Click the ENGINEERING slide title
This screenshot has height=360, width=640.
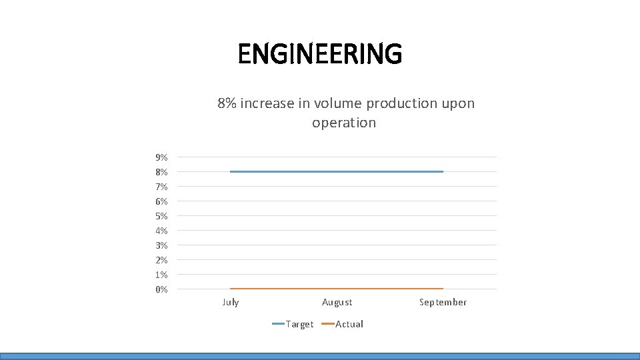point(320,54)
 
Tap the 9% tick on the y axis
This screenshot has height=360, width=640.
point(161,157)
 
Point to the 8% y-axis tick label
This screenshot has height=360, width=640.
point(161,172)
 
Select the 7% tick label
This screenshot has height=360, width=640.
point(161,187)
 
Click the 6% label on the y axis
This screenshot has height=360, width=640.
point(161,201)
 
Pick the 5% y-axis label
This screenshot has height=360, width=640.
point(161,216)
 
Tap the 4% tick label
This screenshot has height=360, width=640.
point(161,231)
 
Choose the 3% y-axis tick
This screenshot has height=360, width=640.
point(161,245)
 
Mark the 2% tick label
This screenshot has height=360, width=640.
point(161,260)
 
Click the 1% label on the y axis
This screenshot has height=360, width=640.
point(161,275)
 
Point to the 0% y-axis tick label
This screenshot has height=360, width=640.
point(161,289)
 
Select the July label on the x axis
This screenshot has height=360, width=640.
point(230,302)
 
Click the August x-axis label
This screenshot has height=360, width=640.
point(337,302)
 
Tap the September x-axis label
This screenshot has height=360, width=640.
point(443,302)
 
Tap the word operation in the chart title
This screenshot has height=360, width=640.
point(344,123)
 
